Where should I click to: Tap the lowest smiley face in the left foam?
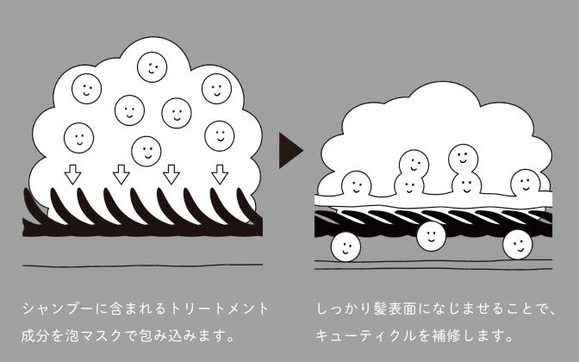coord(145,149)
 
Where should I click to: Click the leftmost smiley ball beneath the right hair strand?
coord(346,247)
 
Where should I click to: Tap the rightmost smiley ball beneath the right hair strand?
coord(520,244)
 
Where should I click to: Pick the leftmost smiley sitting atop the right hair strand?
coord(354,184)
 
